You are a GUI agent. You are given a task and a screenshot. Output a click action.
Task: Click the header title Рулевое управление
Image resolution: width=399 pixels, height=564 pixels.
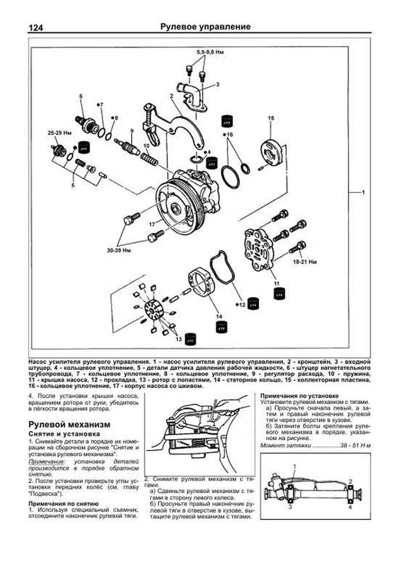point(205,27)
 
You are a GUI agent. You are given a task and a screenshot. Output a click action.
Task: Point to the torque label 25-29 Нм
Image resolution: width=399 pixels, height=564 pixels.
point(60,133)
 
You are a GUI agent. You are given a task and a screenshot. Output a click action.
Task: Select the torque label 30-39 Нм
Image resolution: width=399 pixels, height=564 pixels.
point(118,250)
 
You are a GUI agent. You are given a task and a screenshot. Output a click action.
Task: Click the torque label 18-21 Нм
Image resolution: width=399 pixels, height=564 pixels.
point(305,262)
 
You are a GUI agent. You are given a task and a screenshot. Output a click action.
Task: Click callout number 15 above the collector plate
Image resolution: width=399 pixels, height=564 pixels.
point(271,118)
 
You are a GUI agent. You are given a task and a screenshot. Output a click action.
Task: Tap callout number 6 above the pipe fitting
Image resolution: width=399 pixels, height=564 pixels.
point(81,96)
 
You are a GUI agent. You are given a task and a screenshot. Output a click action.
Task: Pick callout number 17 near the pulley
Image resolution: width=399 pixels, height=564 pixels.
point(152,225)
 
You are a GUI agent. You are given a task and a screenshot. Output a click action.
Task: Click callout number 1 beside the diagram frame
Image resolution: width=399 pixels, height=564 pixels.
point(363,192)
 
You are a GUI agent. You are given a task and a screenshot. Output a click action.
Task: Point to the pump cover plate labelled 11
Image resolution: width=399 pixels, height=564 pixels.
point(258,248)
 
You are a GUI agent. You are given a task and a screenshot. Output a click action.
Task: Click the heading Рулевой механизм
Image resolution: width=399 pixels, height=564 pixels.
point(69,424)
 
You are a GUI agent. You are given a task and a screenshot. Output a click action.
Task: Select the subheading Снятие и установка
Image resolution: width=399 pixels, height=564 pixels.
point(64,434)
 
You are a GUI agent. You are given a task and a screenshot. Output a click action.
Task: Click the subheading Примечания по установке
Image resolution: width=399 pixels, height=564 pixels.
point(299,396)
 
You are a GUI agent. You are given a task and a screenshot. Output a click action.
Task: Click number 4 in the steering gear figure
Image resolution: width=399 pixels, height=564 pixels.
point(350,507)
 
